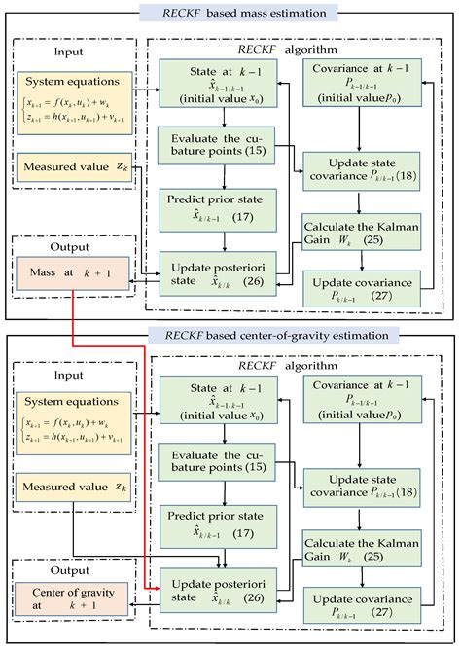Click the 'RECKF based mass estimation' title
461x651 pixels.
coord(230,13)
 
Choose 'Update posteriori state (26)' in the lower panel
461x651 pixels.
coord(224,594)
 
